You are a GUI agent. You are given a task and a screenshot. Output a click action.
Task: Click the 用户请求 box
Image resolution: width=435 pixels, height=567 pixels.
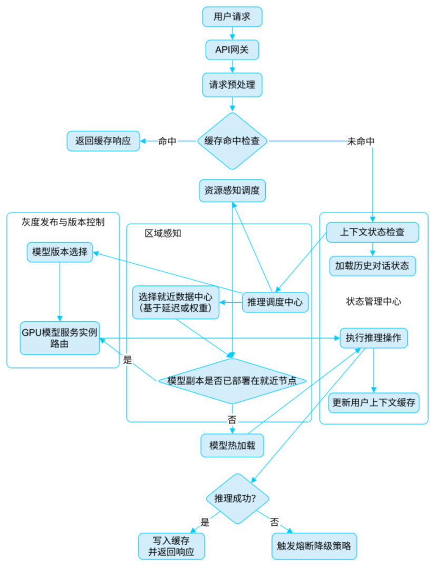click(232, 17)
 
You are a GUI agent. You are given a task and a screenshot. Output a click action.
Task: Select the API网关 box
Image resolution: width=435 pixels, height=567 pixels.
click(232, 50)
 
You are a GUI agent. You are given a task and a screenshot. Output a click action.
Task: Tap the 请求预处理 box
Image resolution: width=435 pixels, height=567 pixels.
click(232, 84)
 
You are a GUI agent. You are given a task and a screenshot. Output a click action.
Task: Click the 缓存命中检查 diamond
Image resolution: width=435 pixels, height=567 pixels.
click(232, 141)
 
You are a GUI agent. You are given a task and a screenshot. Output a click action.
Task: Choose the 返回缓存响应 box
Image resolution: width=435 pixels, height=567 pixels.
click(103, 141)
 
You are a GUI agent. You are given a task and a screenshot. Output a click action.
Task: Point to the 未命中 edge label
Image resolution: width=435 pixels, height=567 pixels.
click(361, 141)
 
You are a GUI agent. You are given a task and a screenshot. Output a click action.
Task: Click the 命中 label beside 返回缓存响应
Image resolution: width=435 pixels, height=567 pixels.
click(168, 141)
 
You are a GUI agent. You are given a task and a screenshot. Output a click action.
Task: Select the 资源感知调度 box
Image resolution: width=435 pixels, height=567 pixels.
click(232, 191)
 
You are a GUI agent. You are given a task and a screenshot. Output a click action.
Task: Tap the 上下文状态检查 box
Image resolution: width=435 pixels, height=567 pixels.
click(373, 232)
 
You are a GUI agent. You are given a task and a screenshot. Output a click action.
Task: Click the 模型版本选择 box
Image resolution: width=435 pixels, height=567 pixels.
click(60, 252)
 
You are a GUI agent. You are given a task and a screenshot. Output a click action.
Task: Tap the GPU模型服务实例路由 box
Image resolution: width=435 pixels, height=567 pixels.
click(60, 338)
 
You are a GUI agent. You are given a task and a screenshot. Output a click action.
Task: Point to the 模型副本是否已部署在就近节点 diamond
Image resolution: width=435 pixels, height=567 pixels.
click(232, 381)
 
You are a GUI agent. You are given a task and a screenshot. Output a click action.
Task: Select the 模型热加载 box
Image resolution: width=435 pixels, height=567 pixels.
click(232, 445)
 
